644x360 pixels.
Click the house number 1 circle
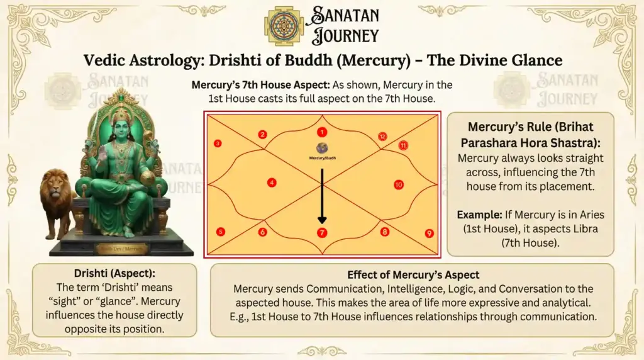tap(321, 132)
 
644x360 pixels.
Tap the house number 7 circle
tap(321, 233)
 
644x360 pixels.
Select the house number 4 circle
tap(272, 183)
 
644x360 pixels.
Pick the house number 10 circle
tap(398, 184)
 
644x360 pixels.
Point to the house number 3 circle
tap(217, 143)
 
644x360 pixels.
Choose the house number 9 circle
tap(429, 233)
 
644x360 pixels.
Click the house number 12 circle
tap(382, 137)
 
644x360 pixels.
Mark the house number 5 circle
tap(220, 232)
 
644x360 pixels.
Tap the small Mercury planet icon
tap(321, 148)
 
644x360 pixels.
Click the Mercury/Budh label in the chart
tap(321, 158)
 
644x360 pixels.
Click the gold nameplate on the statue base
tap(120, 248)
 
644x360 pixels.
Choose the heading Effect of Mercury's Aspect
tap(413, 275)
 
